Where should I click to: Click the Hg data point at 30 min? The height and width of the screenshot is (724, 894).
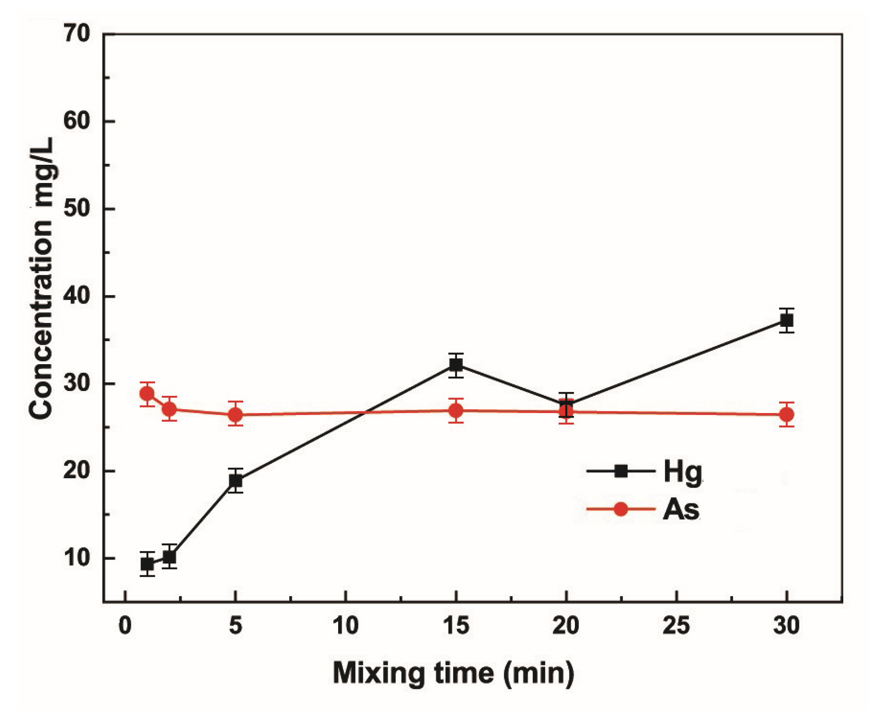[x=786, y=320]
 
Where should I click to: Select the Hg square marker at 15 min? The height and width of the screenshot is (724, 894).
[x=456, y=365]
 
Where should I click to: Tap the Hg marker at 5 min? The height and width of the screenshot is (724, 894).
[x=235, y=480]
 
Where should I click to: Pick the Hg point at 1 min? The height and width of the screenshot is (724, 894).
[x=147, y=564]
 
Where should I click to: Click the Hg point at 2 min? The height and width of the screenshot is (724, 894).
[x=170, y=556]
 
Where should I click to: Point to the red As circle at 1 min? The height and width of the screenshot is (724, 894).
[x=147, y=394]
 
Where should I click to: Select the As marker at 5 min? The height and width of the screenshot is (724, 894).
[x=235, y=415]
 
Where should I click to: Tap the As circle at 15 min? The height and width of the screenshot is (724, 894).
[x=456, y=411]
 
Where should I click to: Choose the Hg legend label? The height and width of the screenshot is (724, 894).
[x=683, y=472]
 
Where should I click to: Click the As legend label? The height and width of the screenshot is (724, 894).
[x=681, y=509]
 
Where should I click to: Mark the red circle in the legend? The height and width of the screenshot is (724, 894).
[x=621, y=509]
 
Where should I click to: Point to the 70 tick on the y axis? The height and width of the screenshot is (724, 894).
[x=77, y=34]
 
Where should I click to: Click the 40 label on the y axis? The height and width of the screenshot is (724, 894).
[x=77, y=296]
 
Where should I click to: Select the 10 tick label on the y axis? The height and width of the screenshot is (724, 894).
[x=77, y=558]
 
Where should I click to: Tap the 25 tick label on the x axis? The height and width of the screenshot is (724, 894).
[x=676, y=626]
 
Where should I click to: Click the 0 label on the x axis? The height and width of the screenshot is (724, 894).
[x=125, y=626]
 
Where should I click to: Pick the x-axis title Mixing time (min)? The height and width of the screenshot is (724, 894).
[x=454, y=673]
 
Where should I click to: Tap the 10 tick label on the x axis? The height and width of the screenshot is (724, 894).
[x=346, y=626]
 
